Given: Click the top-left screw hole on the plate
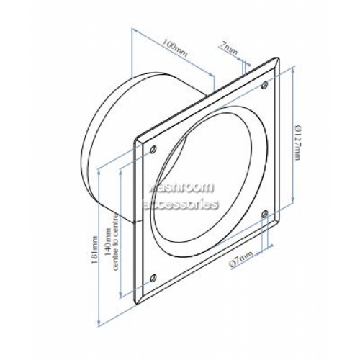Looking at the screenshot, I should point(153,150).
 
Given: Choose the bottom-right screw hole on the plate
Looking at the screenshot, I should point(266,213).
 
